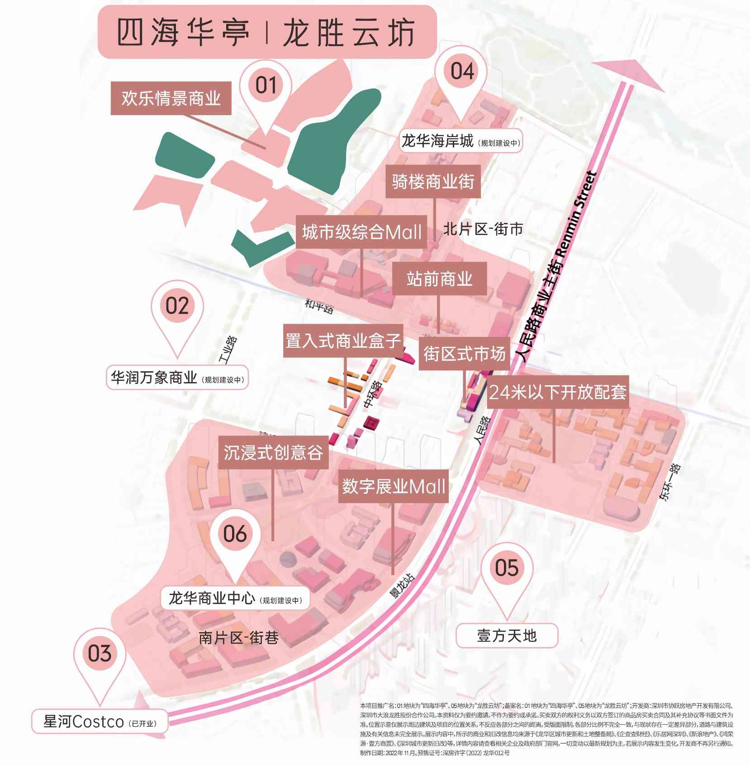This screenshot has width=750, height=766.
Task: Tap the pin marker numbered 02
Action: pyautogui.click(x=177, y=306)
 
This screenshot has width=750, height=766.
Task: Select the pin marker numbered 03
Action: pyautogui.click(x=100, y=653)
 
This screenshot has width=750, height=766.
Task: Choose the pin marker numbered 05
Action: pyautogui.click(x=506, y=568)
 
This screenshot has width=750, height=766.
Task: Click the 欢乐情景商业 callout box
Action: pyautogui.click(x=171, y=98)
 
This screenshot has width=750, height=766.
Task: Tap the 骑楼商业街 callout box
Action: pyautogui.click(x=433, y=181)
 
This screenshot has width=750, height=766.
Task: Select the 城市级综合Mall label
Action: pyautogui.click(x=361, y=232)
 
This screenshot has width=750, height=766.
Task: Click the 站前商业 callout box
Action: pyautogui.click(x=439, y=279)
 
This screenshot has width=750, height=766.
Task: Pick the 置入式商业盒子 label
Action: pyautogui.click(x=343, y=340)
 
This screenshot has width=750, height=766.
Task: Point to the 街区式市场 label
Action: pyautogui.click(x=464, y=354)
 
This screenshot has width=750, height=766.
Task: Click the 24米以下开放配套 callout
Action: pyautogui.click(x=558, y=392)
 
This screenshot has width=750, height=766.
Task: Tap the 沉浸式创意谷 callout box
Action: pyautogui.click(x=273, y=452)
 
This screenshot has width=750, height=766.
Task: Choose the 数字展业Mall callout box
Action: pyautogui.click(x=393, y=486)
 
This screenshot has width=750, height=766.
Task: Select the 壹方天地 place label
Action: pyautogui.click(x=507, y=636)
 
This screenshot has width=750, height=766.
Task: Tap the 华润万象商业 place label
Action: pyautogui.click(x=178, y=377)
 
